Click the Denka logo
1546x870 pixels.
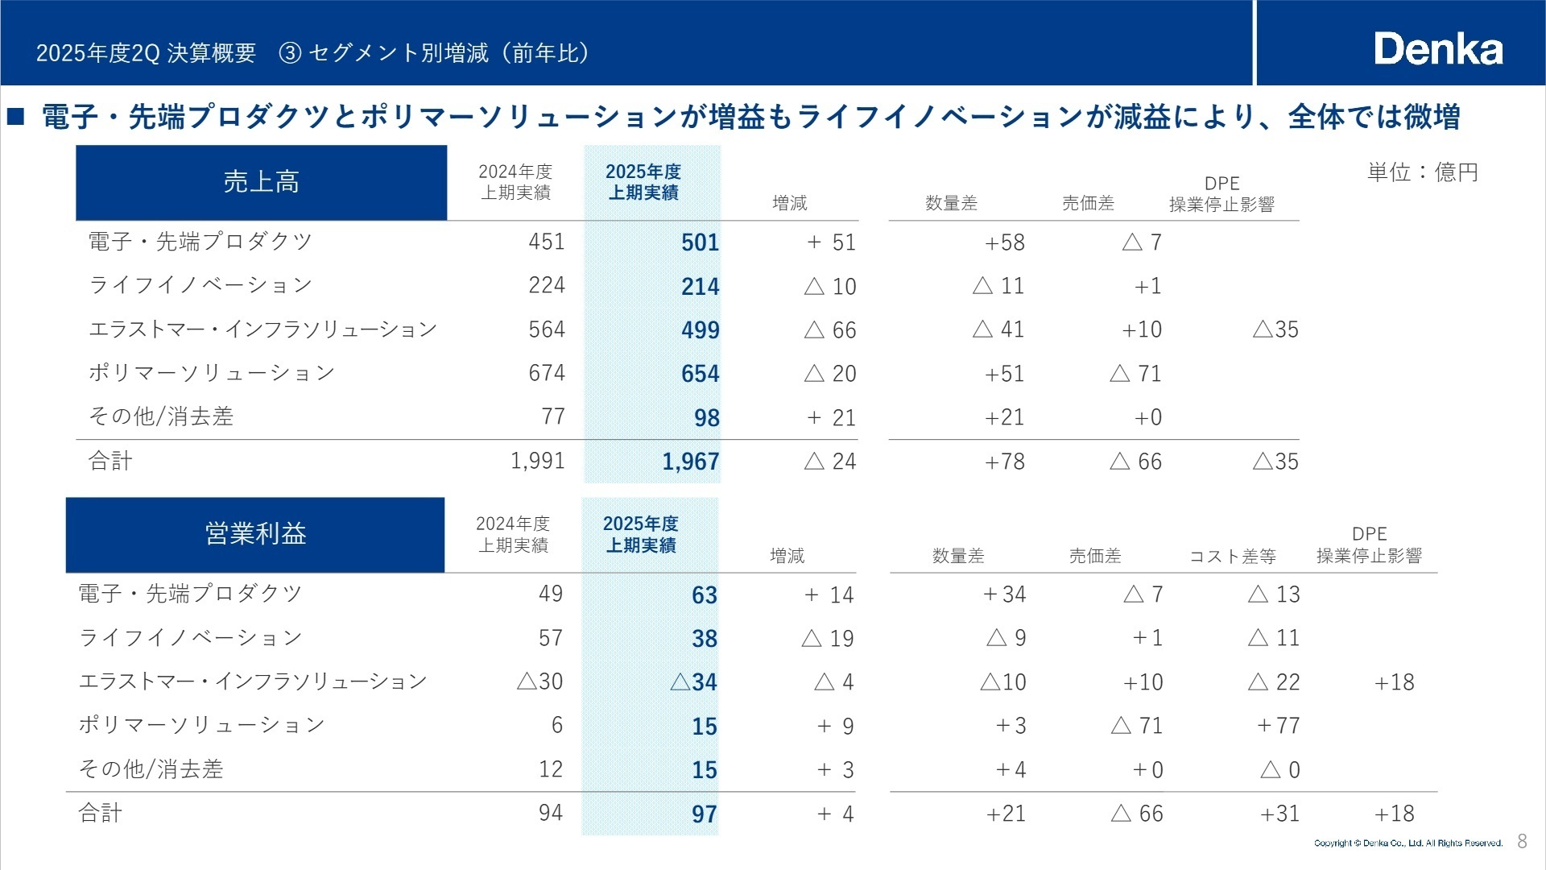tap(1438, 49)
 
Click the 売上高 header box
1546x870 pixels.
tap(261, 182)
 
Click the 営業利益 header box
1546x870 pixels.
tap(255, 534)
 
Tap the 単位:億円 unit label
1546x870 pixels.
tap(1422, 172)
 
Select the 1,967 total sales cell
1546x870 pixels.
tap(690, 462)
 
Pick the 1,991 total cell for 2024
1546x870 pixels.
tap(537, 461)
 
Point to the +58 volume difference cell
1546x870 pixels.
tap(1004, 242)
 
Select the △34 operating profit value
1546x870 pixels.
tap(693, 682)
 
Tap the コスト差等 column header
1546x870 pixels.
tap(1232, 556)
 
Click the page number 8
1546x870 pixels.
tap(1522, 842)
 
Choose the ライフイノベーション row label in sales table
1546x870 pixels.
tap(200, 285)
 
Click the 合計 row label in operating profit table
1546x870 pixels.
tap(101, 813)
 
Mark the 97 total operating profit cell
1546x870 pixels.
tap(704, 814)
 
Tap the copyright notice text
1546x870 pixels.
tap(1408, 843)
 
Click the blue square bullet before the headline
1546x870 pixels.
tap(16, 118)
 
